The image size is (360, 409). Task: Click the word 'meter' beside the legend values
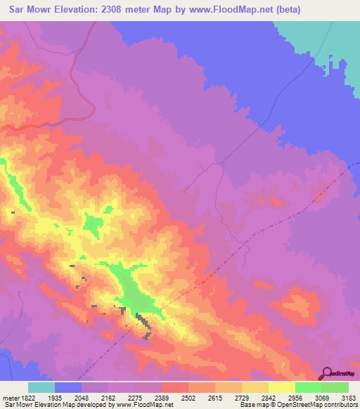point(8,397)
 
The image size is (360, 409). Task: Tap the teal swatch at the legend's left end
point(41,387)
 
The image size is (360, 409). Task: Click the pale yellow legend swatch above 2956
point(281,387)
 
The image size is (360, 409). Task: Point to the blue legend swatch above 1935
point(68,387)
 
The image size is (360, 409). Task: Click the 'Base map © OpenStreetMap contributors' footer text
point(298,405)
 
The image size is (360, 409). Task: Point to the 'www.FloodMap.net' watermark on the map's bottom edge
point(148,385)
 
